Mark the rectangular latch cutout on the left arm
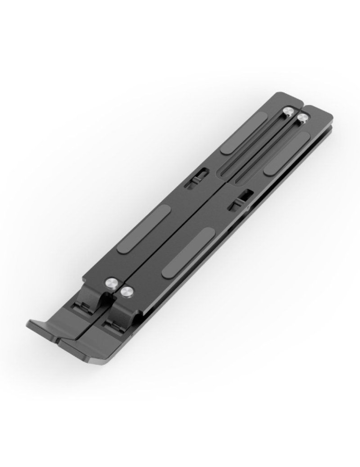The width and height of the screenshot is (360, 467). (196, 177)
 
